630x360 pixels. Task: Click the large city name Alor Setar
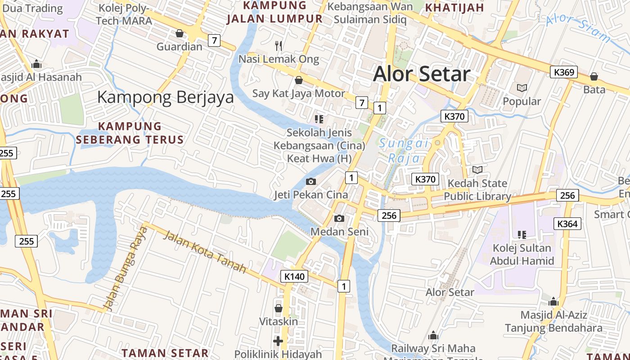[x=422, y=74]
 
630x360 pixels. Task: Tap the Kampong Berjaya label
[x=165, y=97]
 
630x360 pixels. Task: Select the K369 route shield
[x=563, y=72]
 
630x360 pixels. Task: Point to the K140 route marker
[x=294, y=276]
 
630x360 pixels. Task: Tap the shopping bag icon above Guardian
[x=179, y=33]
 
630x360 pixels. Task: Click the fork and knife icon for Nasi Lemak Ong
[x=279, y=45]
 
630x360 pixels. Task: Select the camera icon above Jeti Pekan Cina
[x=310, y=182]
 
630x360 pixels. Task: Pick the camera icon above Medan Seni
[x=339, y=219]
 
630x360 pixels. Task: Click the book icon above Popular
[x=522, y=88]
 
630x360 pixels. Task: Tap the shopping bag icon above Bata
[x=594, y=76]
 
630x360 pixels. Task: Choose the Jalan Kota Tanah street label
[x=204, y=252]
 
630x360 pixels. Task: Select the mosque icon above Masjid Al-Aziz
[x=553, y=301]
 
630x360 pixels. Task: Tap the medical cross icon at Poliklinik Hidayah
[x=278, y=341]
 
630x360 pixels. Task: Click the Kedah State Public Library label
[x=477, y=190]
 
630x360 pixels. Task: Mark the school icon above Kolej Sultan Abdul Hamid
[x=522, y=234]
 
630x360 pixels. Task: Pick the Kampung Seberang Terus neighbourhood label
[x=130, y=133]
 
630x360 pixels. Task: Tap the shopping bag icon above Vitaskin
[x=278, y=308]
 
